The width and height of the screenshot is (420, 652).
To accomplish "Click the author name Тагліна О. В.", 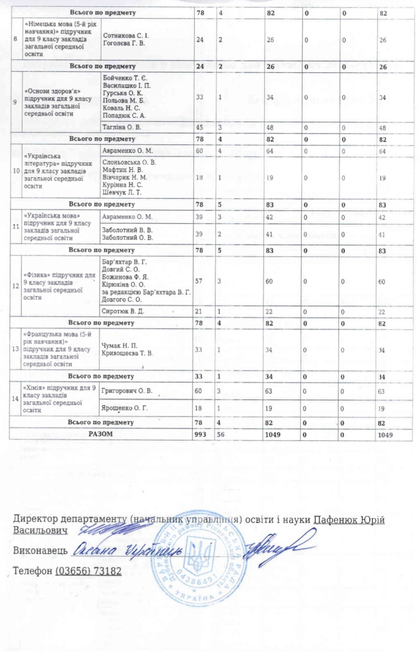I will click(122, 127).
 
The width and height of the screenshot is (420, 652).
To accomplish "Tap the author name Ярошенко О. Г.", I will click(124, 408).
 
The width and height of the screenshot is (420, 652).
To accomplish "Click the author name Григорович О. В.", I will click(127, 391).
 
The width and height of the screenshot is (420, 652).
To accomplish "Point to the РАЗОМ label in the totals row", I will click(101, 434).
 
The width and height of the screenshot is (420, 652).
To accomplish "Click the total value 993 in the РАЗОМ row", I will click(200, 435).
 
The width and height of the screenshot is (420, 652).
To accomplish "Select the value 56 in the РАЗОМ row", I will click(221, 435).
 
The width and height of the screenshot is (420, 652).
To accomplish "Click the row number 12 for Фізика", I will click(16, 286).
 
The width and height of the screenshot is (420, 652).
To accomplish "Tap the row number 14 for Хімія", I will click(16, 399).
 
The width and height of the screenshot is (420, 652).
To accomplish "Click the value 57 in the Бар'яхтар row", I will click(200, 281).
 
